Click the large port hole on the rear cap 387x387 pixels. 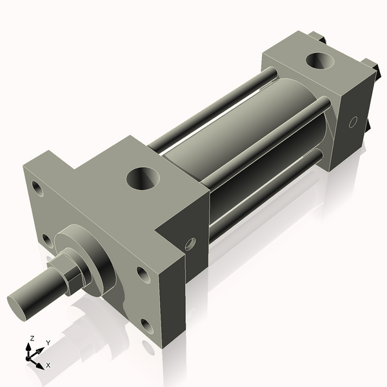[x=319, y=62]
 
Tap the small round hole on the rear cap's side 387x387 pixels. [x=353, y=121]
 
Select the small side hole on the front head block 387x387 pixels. [x=189, y=244]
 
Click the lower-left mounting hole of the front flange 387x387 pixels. [x=47, y=240]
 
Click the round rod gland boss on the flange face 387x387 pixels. [x=97, y=258]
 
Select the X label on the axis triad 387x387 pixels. [x=48, y=365]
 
